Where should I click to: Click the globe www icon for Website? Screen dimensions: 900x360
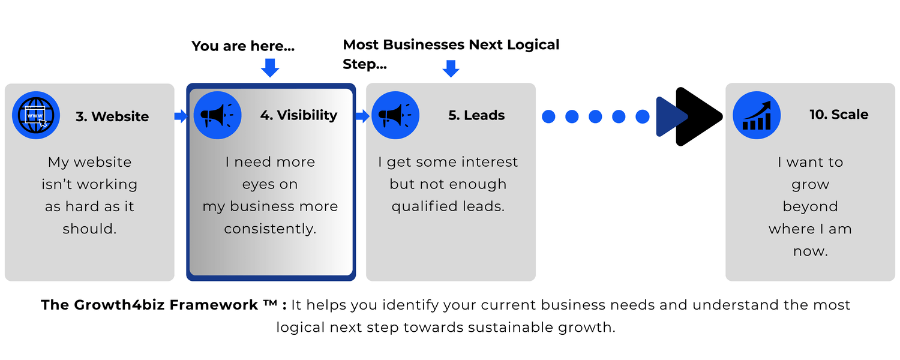coord(36,115)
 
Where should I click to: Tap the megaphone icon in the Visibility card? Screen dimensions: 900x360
coord(217,115)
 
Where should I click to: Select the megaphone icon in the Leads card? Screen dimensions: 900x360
coord(395,115)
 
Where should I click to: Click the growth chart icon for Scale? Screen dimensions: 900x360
coord(757,115)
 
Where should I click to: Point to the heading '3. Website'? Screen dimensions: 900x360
coord(112,116)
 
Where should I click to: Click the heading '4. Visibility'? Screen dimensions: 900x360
coord(299,115)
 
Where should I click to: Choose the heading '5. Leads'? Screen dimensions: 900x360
coord(476,115)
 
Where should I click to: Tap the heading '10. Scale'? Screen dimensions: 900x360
coord(839,115)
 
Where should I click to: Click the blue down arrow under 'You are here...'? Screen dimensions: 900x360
coord(270,67)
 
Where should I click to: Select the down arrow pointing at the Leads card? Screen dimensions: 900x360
coord(451,68)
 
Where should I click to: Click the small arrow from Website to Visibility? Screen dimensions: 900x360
coord(181,116)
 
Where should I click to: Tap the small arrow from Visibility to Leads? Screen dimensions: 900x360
coord(362,116)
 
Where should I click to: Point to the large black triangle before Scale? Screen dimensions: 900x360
coord(697,116)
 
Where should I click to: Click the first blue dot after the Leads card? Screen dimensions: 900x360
coord(548,116)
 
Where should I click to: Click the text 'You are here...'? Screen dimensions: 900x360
coord(243,46)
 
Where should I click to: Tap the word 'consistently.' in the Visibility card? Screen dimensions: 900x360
coord(270,229)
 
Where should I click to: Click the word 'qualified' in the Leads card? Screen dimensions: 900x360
coord(425,206)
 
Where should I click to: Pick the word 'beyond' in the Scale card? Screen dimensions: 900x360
coord(811,206)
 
